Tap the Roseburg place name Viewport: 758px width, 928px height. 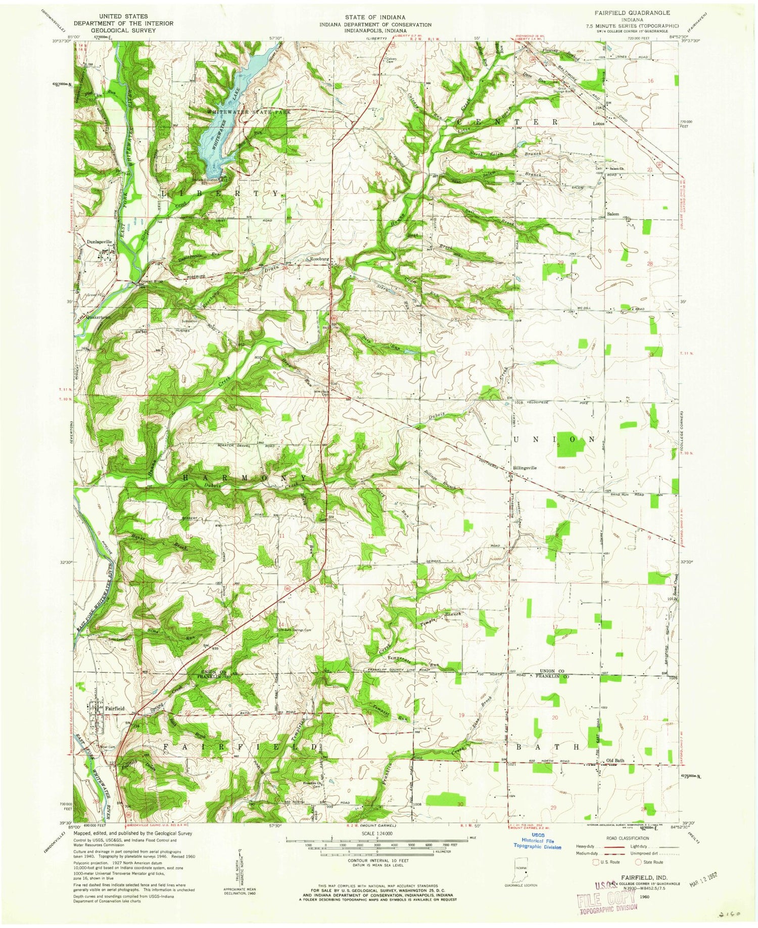click(x=319, y=259)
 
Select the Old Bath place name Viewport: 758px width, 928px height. click(x=615, y=760)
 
